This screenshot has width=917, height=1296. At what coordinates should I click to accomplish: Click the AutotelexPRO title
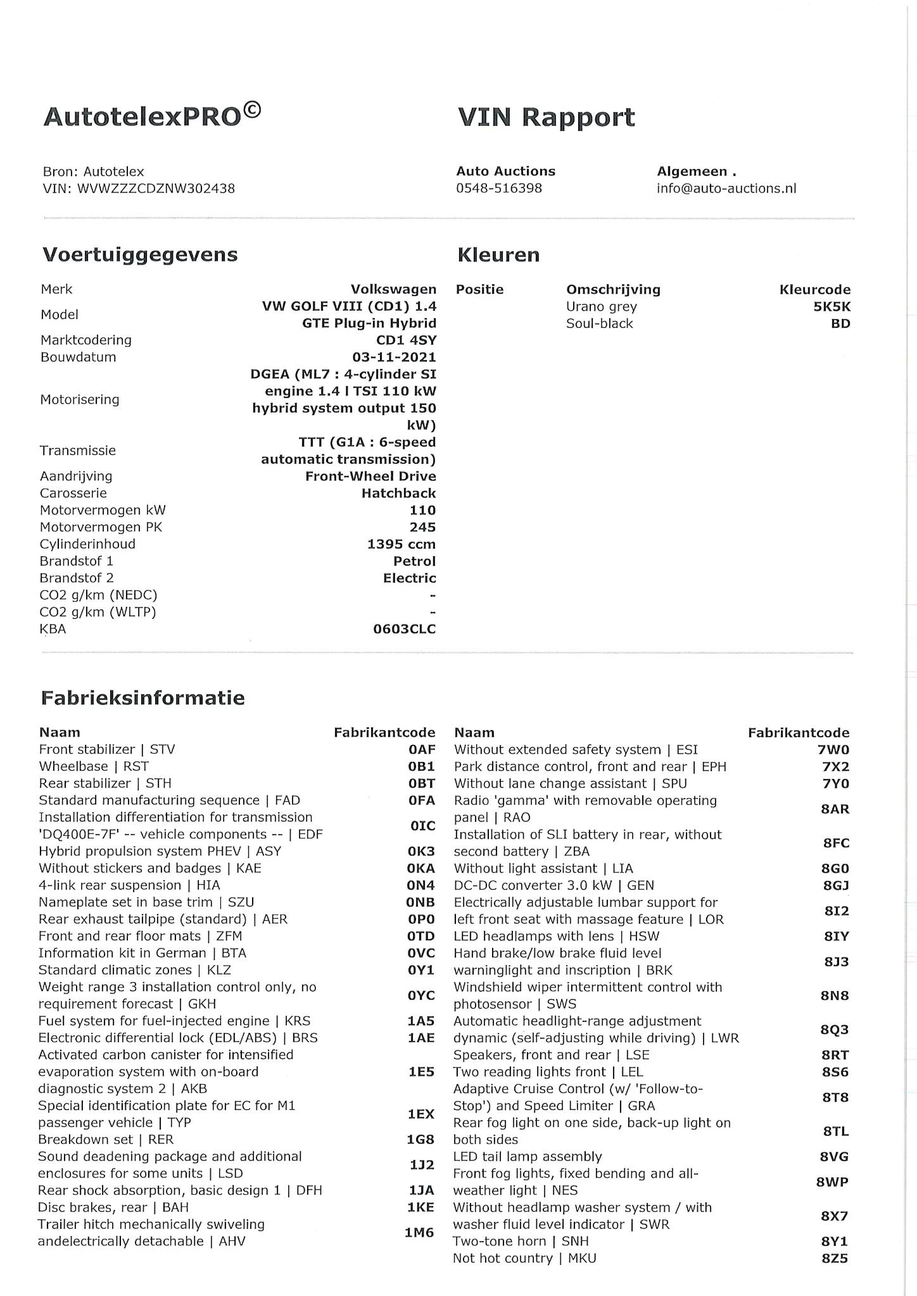[x=151, y=116]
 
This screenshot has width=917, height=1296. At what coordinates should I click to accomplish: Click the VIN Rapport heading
[x=545, y=118]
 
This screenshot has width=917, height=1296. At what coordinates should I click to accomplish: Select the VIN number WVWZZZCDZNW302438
[x=155, y=189]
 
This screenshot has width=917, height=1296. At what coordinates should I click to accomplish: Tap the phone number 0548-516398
[x=498, y=189]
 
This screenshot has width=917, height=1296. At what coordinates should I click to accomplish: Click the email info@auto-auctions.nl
[x=726, y=189]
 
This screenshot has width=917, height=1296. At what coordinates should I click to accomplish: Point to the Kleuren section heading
[x=498, y=255]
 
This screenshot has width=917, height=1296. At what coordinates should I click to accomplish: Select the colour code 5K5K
[x=832, y=307]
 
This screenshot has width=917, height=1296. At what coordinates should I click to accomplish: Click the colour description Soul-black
[x=599, y=324]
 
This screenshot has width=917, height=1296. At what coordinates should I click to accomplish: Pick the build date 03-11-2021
[x=394, y=358]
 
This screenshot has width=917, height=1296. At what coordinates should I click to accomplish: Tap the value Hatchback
[x=398, y=494]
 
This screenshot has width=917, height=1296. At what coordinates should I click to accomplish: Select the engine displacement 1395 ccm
[x=401, y=544]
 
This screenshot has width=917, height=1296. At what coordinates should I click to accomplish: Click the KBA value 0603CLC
[x=404, y=629]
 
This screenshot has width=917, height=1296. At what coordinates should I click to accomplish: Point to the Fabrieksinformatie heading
[x=142, y=698]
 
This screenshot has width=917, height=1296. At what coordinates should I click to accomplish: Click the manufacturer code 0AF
[x=422, y=750]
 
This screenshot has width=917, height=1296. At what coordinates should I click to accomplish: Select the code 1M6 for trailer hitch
[x=419, y=1233]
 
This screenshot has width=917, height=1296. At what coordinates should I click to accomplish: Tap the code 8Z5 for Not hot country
[x=835, y=1259]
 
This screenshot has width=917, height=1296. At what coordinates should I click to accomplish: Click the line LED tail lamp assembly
[x=527, y=1157]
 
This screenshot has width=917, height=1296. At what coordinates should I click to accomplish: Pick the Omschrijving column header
[x=612, y=290]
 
